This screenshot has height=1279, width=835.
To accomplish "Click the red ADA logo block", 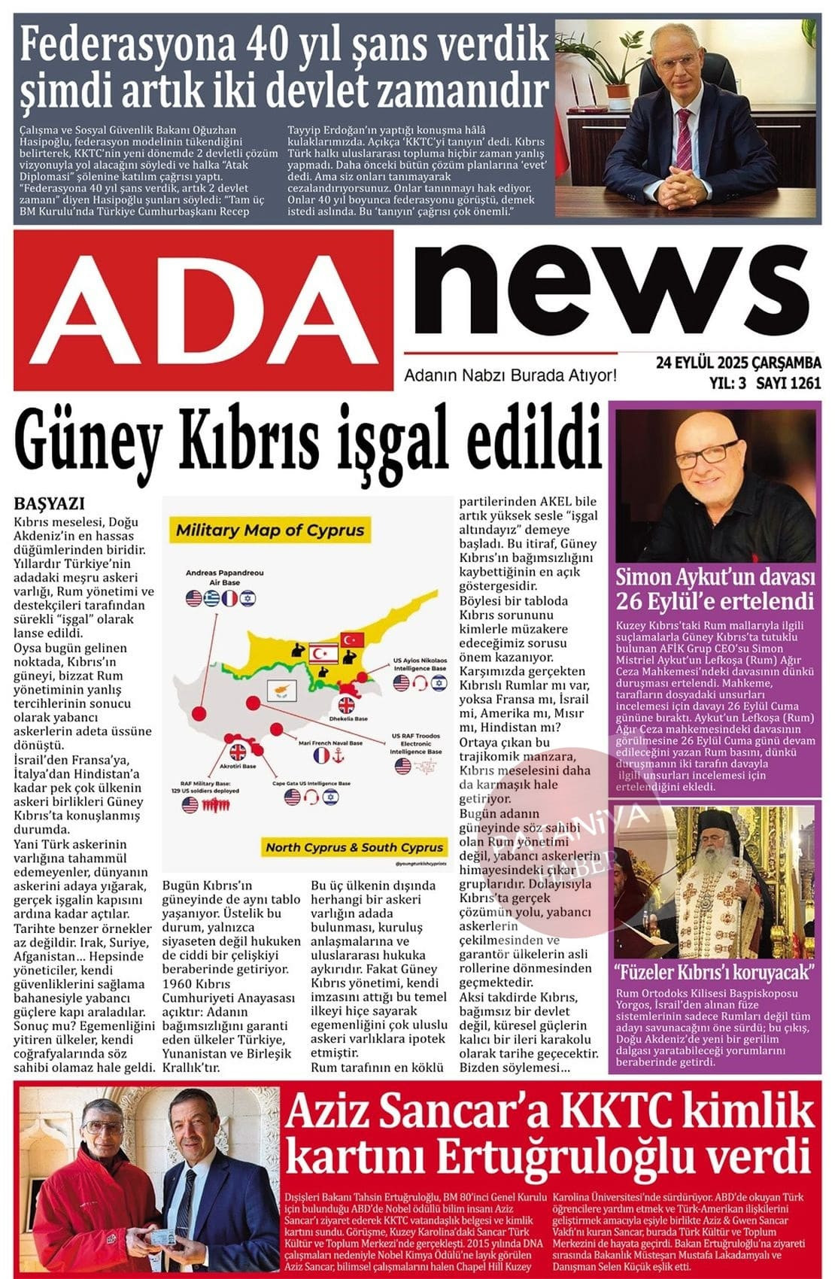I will (203, 310).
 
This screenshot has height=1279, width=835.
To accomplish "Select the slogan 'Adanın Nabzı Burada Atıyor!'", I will (510, 375).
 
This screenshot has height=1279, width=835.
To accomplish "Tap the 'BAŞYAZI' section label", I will (50, 504).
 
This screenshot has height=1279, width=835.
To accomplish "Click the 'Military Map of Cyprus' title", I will (269, 530).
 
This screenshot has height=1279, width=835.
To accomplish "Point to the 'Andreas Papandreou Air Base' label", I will (225, 577).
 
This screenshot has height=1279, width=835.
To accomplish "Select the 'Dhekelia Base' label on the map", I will (346, 718).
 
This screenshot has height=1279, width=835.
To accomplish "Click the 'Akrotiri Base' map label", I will (238, 766).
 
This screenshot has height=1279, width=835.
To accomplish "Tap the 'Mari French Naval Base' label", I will (330, 743).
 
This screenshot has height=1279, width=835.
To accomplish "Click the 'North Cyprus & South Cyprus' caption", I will (354, 847).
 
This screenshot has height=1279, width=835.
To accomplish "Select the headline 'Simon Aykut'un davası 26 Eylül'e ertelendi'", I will (715, 589).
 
